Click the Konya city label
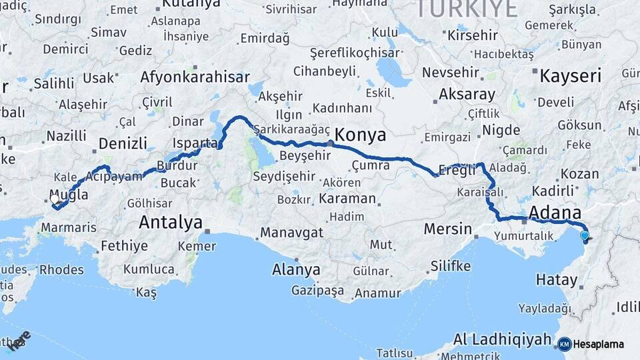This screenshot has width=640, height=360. (361, 135)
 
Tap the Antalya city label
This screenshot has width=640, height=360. (170, 222)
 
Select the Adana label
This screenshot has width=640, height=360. (554, 213)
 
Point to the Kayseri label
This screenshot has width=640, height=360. (570, 75)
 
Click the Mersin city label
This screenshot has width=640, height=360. (448, 229)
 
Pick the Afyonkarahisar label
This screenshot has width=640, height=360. (195, 77)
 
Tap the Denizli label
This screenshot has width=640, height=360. (123, 143)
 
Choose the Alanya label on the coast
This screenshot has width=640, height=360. (296, 271)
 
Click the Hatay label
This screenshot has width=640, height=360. (556, 280)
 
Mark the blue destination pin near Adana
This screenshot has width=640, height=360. (585, 235)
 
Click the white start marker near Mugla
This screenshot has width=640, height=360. (55, 198)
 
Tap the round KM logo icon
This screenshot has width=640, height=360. (565, 344)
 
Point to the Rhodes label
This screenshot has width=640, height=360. (62, 270)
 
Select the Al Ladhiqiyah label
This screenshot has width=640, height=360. (502, 339)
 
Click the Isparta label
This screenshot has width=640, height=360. (195, 143)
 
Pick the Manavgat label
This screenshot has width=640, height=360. (291, 233)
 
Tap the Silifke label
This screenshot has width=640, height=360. (450, 266)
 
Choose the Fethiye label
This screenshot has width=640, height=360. (124, 246)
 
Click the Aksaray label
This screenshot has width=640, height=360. (467, 94)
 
